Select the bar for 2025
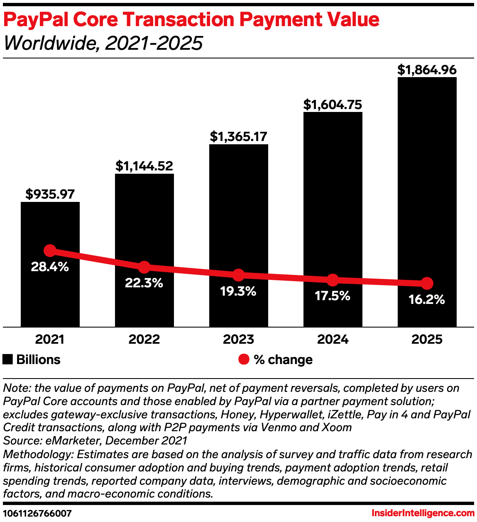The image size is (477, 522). (427, 187)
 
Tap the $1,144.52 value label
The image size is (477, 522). (144, 166)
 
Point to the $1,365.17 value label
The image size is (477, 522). (238, 136)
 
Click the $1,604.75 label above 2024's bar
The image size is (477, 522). (333, 104)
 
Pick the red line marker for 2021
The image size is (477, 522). (50, 250)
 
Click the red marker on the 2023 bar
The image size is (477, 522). (238, 275)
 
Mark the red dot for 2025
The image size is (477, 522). (427, 284)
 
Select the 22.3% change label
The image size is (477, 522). (144, 283)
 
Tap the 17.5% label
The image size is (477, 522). (333, 296)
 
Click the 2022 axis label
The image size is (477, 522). (144, 340)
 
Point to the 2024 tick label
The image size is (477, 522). (333, 340)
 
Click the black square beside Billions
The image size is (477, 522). (7, 359)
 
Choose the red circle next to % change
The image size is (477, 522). (244, 359)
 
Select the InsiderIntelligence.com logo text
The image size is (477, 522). (423, 513)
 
